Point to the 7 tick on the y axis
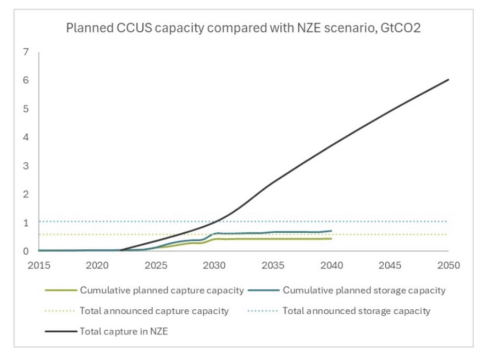point(26,52)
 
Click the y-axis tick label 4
point(26,137)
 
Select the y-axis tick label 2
point(26,194)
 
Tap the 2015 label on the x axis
point(39,266)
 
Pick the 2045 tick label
point(390,266)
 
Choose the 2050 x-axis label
point(448,266)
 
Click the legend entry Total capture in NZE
point(124,332)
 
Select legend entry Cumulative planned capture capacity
point(161,291)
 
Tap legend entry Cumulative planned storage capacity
point(364,291)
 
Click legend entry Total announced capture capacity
point(154,311)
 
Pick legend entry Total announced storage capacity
point(356,311)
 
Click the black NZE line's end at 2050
point(448,79)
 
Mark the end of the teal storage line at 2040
point(331,231)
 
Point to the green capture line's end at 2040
point(331,239)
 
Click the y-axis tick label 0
point(26,251)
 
